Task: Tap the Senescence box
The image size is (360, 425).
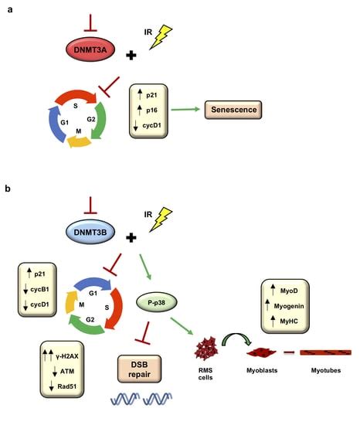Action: pos(231,111)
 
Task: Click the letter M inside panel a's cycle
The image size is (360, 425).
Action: pos(75,132)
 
